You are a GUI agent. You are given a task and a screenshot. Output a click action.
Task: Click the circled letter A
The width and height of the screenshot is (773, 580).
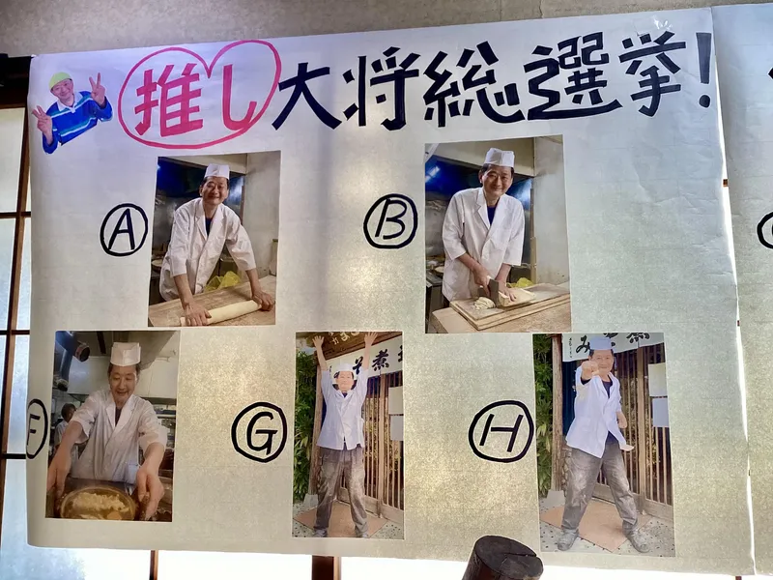coord(124,230)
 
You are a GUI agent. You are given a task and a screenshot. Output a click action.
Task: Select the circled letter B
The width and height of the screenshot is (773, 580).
coord(390,221)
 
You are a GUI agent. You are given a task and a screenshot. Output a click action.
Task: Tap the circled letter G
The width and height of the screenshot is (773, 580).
coord(259,432)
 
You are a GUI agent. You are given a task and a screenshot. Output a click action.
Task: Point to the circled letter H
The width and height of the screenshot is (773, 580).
coord(501,431)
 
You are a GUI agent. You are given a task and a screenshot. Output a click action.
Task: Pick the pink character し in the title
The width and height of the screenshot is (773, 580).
coord(238,94)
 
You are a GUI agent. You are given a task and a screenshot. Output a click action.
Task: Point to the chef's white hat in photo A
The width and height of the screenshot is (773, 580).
coord(216,171)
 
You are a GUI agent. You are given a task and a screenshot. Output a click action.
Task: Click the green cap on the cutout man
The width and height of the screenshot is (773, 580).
coord(60,79)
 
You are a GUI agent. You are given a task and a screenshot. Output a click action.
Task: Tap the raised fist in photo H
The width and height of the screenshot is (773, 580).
coord(588,369)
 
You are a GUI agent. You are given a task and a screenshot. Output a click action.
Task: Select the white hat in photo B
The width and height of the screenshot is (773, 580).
coord(499,158)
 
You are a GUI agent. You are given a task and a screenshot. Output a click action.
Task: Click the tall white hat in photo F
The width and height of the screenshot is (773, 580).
coord(126,354)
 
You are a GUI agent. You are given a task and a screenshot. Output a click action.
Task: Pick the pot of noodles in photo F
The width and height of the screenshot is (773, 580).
coord(98,502)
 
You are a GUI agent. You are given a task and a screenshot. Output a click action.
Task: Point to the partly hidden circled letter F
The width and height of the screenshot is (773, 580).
coord(37,428)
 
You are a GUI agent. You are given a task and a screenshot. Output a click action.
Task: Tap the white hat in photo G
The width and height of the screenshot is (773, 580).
coord(345,368)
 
